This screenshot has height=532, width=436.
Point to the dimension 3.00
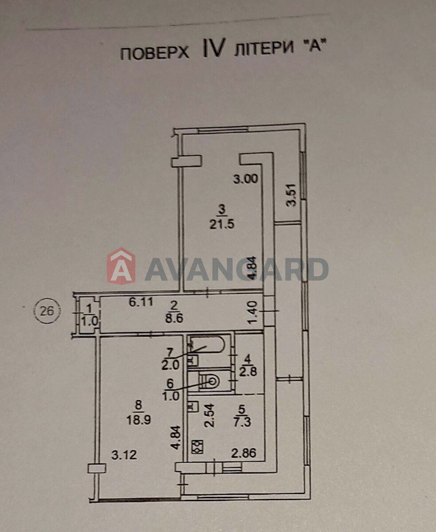[x=246, y=179]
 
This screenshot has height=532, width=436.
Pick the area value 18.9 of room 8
[x=140, y=420]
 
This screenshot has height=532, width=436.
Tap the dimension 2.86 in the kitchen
[x=244, y=454]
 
